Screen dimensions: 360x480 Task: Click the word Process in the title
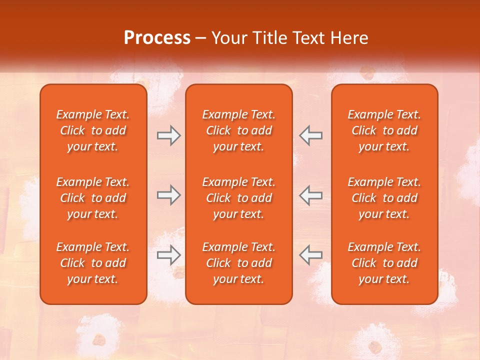[157, 38]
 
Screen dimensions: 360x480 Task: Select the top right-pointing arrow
[168, 135]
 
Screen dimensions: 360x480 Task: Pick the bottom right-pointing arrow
[168, 254]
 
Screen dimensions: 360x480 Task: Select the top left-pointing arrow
[311, 135]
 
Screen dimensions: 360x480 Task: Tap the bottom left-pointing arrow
[311, 254]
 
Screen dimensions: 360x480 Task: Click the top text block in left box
[93, 130]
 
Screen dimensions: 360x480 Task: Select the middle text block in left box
[93, 198]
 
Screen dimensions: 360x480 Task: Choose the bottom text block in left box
[93, 263]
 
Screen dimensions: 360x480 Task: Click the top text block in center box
[238, 130]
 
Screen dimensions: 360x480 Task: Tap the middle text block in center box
[238, 198]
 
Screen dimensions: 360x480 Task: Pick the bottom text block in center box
[238, 263]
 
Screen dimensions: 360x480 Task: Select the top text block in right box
[384, 130]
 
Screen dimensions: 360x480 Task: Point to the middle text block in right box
[384, 198]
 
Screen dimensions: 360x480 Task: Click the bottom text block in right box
[384, 263]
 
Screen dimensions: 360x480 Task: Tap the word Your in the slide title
[227, 38]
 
